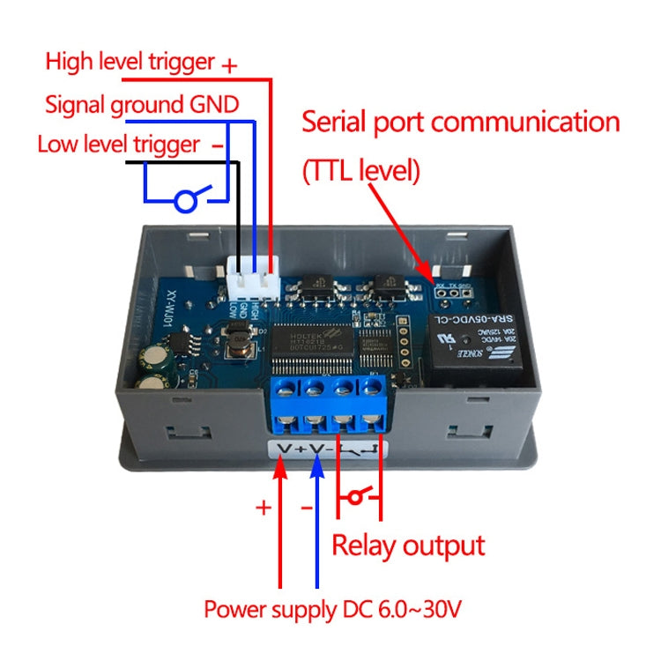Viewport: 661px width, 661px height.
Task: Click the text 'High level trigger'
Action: (x=130, y=63)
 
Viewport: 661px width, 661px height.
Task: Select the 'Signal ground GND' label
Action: (x=141, y=105)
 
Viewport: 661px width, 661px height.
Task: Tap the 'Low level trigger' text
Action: (x=118, y=144)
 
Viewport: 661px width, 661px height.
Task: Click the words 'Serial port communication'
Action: (x=460, y=122)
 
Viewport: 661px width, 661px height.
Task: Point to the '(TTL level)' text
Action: (x=360, y=169)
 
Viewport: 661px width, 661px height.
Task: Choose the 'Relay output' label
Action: (x=407, y=545)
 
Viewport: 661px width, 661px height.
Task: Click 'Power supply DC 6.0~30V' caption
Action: (x=332, y=609)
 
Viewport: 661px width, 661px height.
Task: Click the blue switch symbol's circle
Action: (x=184, y=202)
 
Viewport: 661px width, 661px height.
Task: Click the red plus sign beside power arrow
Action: (x=263, y=508)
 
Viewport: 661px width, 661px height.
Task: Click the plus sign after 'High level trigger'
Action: (x=229, y=65)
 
